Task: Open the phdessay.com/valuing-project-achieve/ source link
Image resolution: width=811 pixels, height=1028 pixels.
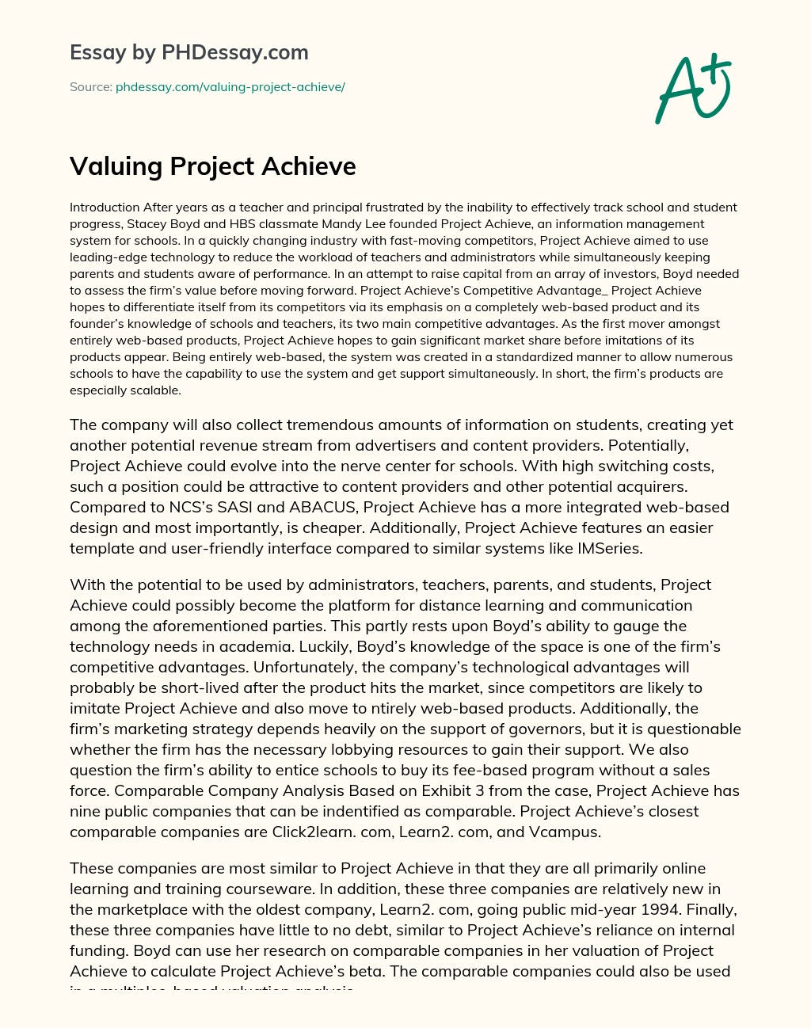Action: tap(230, 87)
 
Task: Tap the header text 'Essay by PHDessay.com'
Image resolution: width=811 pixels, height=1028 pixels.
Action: tap(188, 52)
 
